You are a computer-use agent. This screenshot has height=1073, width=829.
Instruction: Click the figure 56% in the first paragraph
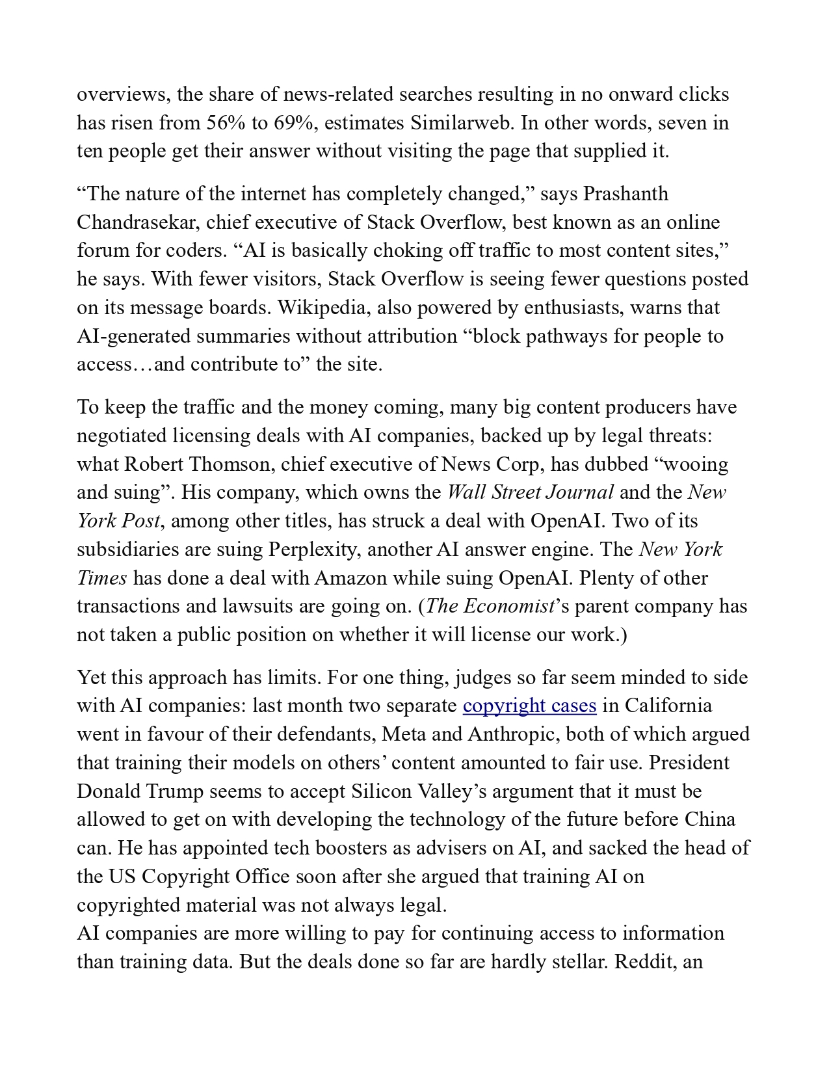(x=225, y=123)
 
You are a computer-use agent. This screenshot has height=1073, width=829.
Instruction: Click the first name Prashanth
(x=625, y=194)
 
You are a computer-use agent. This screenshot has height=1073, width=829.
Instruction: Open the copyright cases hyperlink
(x=529, y=706)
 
